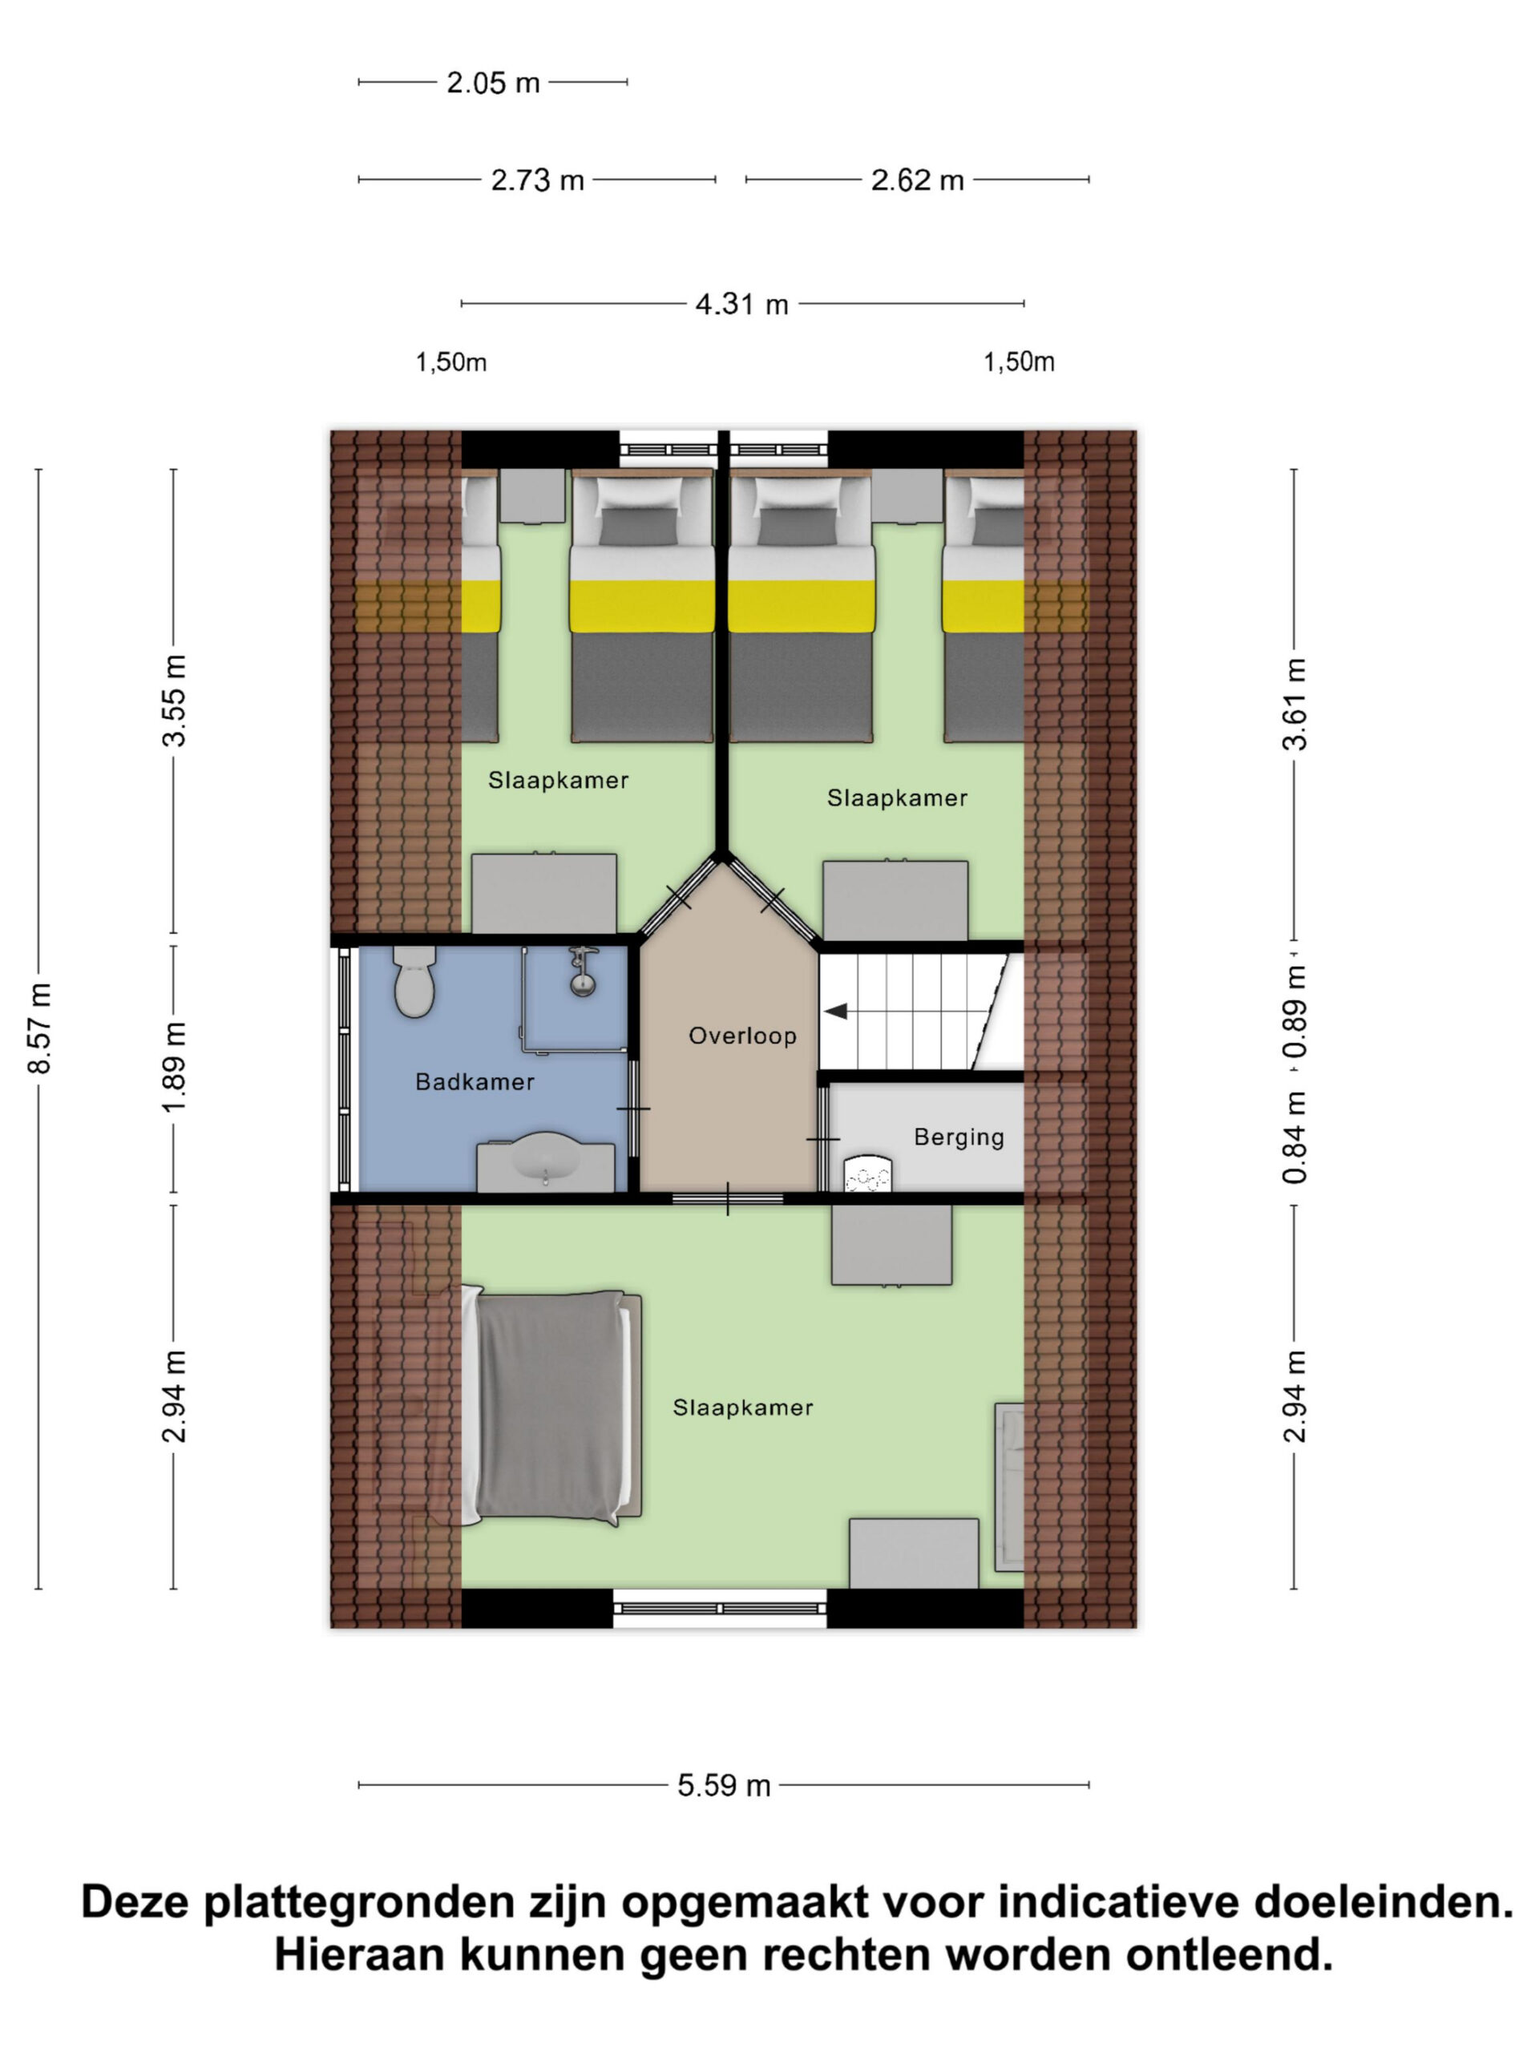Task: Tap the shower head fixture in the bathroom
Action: (x=582, y=971)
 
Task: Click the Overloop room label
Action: (x=742, y=1036)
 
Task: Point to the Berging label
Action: (x=959, y=1137)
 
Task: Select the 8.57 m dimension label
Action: (x=40, y=1028)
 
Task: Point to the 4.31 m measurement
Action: (x=742, y=305)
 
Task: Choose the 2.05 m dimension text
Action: (x=493, y=83)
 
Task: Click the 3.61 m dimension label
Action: (x=1295, y=703)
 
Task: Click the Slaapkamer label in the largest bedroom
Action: (x=743, y=1408)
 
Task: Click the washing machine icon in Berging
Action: (x=866, y=1173)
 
